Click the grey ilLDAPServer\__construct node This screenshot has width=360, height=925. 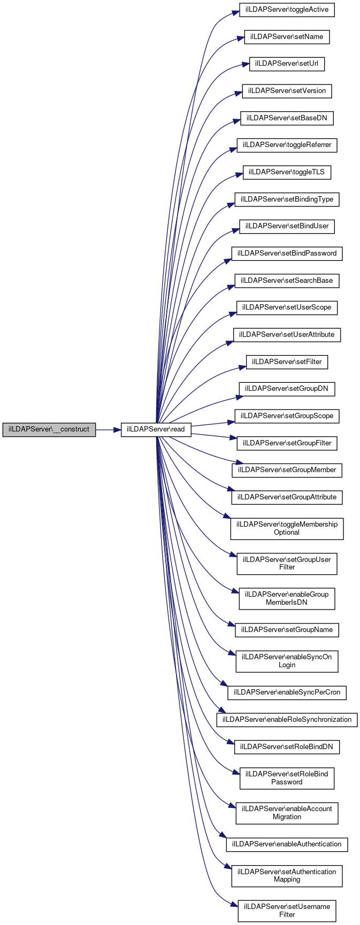pyautogui.click(x=49, y=429)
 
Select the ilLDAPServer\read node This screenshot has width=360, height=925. pyautogui.click(x=156, y=429)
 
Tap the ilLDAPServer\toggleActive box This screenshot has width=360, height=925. pyautogui.click(x=287, y=10)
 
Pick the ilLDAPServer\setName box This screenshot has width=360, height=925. pyautogui.click(x=287, y=37)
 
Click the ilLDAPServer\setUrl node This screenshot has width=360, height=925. pyautogui.click(x=287, y=64)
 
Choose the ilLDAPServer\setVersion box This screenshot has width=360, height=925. pyautogui.click(x=287, y=91)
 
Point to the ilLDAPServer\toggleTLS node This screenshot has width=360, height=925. pyautogui.click(x=287, y=172)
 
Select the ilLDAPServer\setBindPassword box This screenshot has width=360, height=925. pyautogui.click(x=287, y=253)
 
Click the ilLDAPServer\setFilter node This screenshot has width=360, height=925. pyautogui.click(x=287, y=362)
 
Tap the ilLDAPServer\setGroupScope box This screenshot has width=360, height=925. pyautogui.click(x=287, y=416)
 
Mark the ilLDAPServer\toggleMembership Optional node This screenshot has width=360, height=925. pyautogui.click(x=287, y=528)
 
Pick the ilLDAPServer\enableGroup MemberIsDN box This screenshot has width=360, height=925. pyautogui.click(x=287, y=598)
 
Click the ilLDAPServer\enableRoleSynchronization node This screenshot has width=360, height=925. pyautogui.click(x=287, y=720)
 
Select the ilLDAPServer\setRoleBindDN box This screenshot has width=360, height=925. pyautogui.click(x=287, y=747)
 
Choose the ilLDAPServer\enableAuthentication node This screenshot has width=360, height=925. pyautogui.click(x=287, y=844)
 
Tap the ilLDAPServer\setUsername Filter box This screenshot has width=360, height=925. pyautogui.click(x=287, y=911)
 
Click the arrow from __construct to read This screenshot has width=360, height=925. pyautogui.click(x=108, y=429)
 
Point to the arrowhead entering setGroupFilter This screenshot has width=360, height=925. pyautogui.click(x=233, y=438)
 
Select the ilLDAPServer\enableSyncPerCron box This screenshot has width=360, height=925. pyautogui.click(x=287, y=692)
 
